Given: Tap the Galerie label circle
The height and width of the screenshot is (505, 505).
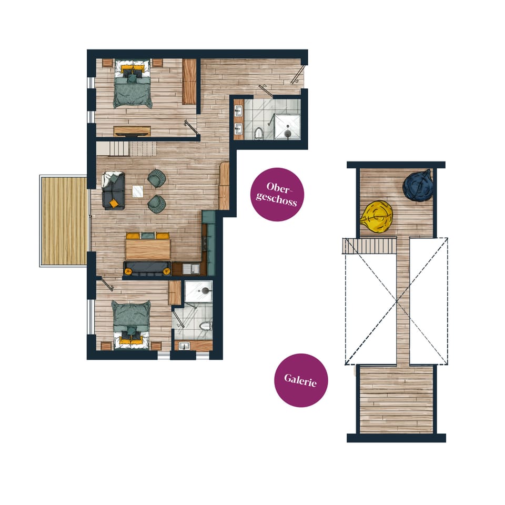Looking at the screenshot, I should click(301, 380).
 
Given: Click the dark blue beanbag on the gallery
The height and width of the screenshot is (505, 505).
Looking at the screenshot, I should click(419, 185).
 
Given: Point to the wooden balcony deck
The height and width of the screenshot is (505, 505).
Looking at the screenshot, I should click(64, 221).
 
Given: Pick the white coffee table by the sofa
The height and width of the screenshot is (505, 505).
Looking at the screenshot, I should click(138, 191).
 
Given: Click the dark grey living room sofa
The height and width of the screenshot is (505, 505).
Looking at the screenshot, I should click(114, 190).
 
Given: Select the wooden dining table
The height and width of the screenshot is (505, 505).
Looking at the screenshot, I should click(148, 249).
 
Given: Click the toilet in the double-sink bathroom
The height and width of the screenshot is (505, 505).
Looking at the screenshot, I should click(259, 133).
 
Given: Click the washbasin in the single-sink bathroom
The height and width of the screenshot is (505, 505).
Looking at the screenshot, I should click(184, 346).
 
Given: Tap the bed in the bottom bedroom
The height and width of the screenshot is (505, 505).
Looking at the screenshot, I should click(131, 322).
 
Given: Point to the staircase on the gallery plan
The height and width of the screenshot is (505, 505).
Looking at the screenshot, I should click(369, 245).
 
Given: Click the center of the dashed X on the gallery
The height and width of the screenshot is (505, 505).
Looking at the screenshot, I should click(397, 301).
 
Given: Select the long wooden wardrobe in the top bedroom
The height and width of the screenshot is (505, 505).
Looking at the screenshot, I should click(189, 82).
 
